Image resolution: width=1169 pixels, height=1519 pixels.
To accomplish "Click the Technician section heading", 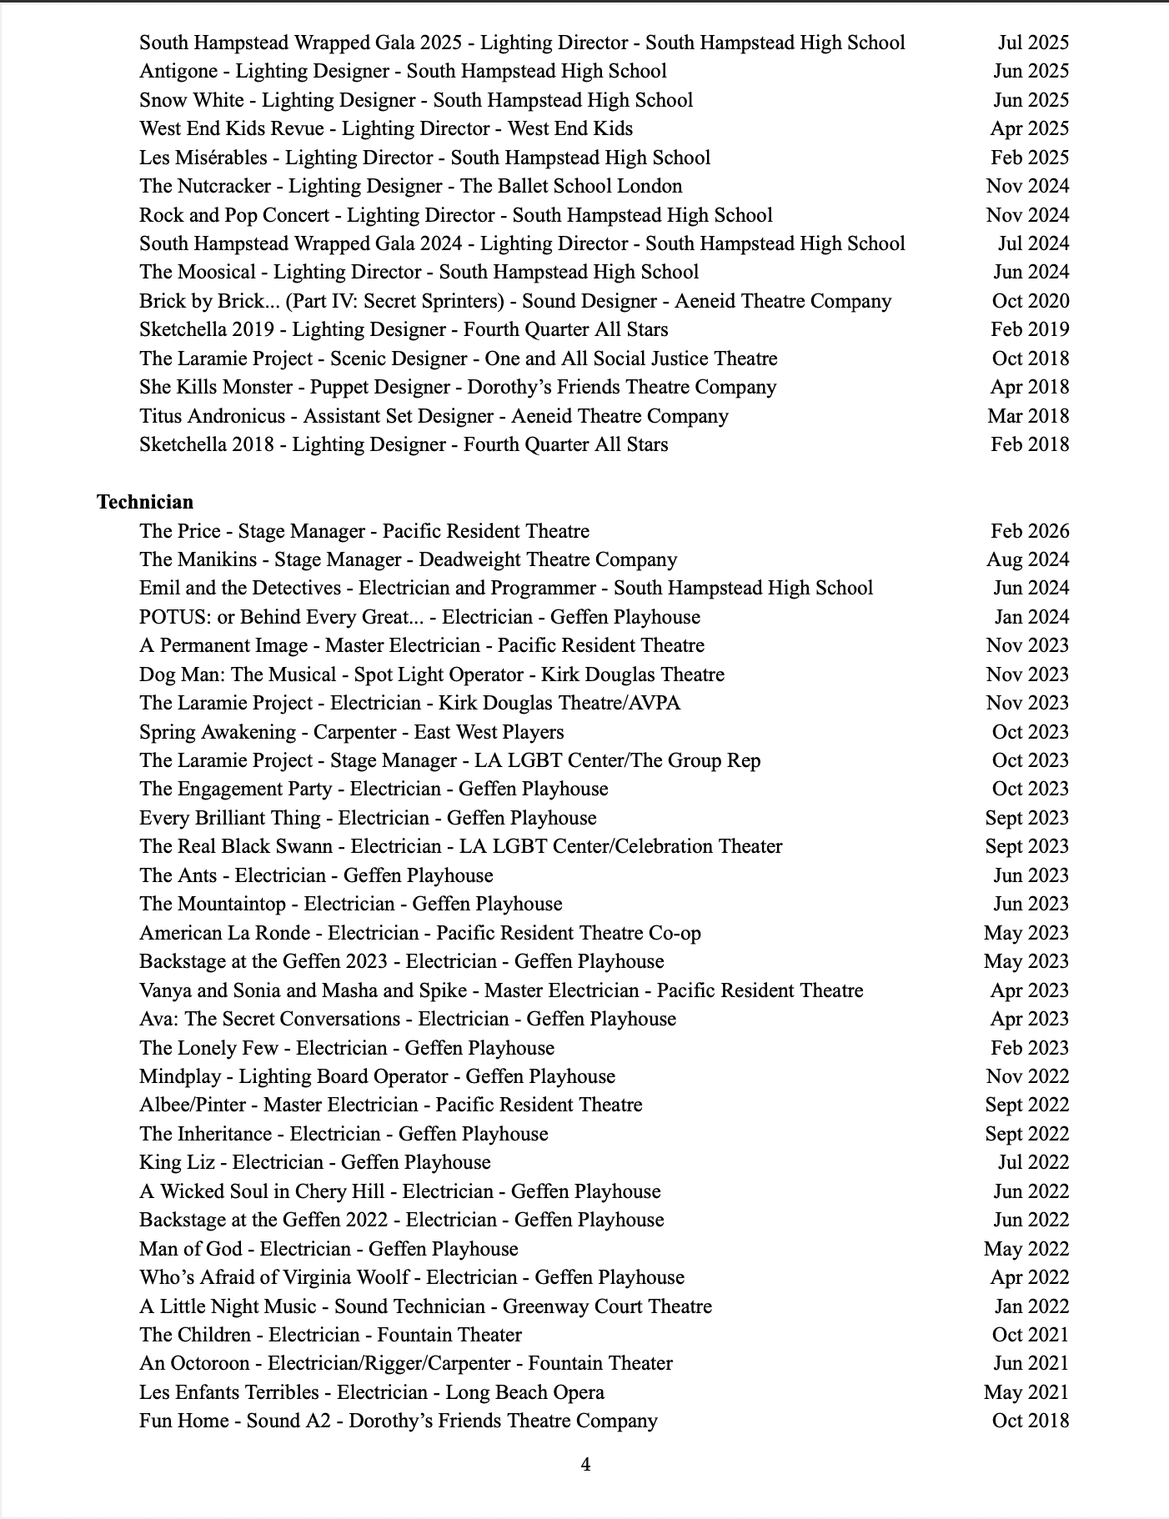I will pyautogui.click(x=145, y=502).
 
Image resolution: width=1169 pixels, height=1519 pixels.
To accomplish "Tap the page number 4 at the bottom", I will pyautogui.click(x=585, y=1464).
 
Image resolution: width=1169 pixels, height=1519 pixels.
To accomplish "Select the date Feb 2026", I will pyautogui.click(x=1030, y=531).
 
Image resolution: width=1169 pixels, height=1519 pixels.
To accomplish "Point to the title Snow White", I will pyautogui.click(x=192, y=100).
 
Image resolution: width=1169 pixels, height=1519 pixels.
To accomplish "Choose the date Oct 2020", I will pyautogui.click(x=1030, y=301).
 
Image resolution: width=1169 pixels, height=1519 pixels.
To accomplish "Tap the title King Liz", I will pyautogui.click(x=177, y=1162).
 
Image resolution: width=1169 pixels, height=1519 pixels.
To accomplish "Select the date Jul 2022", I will pyautogui.click(x=1033, y=1162).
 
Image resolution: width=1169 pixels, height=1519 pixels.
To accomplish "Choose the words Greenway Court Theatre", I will pyautogui.click(x=607, y=1306).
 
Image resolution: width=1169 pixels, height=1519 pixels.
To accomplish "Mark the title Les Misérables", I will pyautogui.click(x=203, y=158).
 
